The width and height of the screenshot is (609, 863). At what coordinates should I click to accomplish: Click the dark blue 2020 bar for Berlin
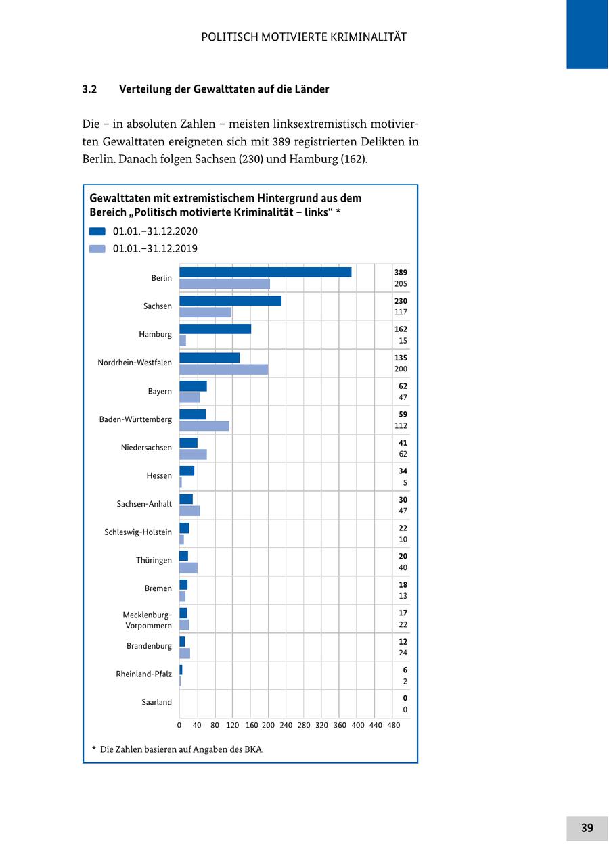click(x=265, y=272)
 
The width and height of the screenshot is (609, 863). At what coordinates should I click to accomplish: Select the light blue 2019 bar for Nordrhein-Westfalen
click(x=223, y=369)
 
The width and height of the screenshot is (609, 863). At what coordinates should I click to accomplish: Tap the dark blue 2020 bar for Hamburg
click(x=215, y=329)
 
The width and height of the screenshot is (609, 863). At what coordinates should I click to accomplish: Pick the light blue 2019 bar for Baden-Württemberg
click(x=204, y=426)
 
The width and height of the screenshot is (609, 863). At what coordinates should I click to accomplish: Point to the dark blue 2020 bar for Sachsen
click(x=230, y=300)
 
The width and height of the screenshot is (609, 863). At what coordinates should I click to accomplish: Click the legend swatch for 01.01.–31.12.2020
click(x=97, y=231)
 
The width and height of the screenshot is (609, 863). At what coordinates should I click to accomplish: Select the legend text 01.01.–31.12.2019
click(x=155, y=248)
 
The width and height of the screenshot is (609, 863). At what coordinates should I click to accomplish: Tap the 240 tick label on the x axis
click(x=286, y=725)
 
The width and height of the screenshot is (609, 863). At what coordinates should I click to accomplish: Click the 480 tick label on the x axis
click(x=393, y=725)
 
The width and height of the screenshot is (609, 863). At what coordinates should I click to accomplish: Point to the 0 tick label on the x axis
click(x=179, y=725)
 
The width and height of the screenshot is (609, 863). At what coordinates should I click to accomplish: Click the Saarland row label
click(x=156, y=702)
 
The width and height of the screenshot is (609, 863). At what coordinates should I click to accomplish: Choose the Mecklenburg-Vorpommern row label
click(x=148, y=620)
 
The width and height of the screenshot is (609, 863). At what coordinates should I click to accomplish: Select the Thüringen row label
click(x=154, y=560)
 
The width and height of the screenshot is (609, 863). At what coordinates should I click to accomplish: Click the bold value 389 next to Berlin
click(x=401, y=272)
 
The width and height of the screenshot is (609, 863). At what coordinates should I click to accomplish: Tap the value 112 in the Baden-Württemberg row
click(x=401, y=426)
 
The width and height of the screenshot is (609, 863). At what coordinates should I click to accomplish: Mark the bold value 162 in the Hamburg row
click(x=401, y=329)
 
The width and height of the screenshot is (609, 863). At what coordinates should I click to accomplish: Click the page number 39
click(x=587, y=828)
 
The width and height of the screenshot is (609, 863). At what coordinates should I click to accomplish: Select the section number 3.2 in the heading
click(x=90, y=89)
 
